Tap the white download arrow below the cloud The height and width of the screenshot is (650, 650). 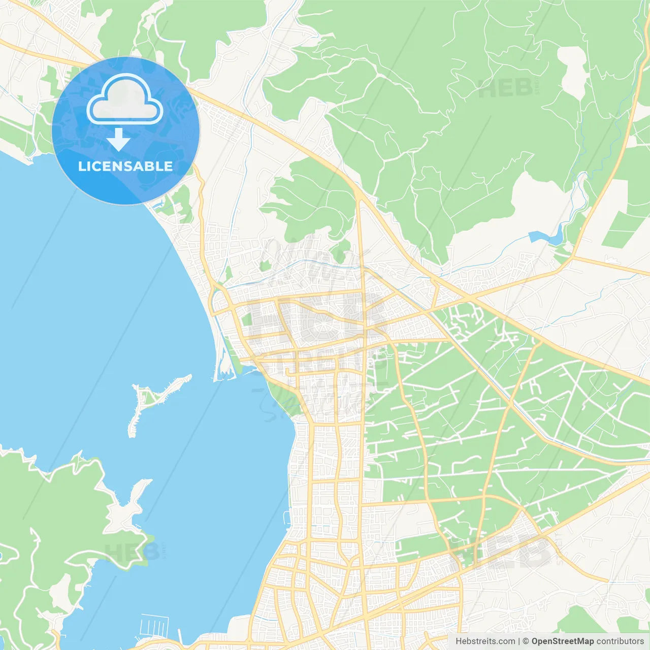[118, 140]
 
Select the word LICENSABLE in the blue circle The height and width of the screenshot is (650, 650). [125, 166]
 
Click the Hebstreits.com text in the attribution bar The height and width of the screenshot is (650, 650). [485, 641]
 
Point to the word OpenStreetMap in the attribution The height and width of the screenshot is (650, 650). [562, 641]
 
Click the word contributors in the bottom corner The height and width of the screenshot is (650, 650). [620, 641]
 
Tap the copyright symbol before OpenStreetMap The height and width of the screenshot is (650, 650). [526, 641]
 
